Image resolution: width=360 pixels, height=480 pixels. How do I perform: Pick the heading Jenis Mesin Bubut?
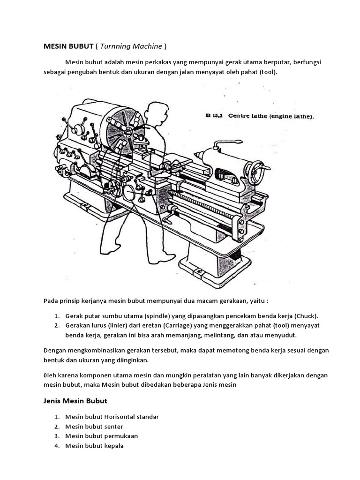point(75,401)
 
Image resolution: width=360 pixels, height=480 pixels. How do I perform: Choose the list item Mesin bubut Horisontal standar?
point(112,416)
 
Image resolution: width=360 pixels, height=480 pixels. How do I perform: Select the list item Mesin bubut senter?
point(94,426)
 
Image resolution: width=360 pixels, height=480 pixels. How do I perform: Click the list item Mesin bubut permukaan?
point(102,436)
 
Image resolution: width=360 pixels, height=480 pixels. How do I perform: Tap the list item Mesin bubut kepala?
point(94,446)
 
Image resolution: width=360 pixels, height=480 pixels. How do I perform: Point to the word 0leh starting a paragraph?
point(50,375)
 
